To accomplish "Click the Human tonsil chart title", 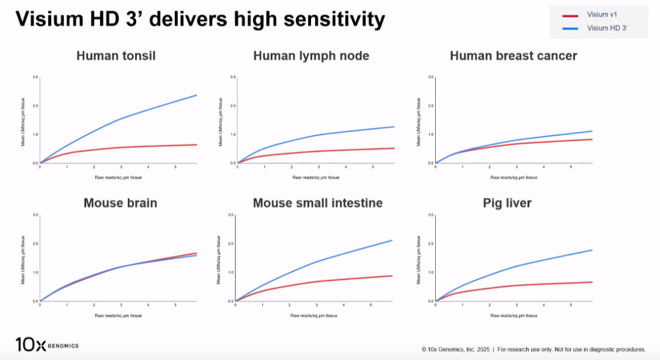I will pos(116,56).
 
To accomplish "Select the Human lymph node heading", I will pos(311,56).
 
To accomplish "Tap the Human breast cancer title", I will pos(513,56).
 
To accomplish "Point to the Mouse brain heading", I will pos(120,203).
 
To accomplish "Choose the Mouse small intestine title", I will pos(318,203).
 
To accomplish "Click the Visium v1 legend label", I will pos(602,15).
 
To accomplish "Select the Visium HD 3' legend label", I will pos(607,28).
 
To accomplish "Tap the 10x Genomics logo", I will pos(46,345).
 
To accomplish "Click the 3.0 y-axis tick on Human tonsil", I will pos(35,77).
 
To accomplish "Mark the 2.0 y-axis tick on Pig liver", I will pos(431,244).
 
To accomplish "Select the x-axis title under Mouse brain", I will pos(118,315).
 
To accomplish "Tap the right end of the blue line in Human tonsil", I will pos(196,95).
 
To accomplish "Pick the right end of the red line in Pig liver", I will pos(592,282).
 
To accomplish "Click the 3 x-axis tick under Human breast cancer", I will pos(517,166).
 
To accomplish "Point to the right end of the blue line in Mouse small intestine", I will pos(392,240).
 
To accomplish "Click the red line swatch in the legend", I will pos(570,15).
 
